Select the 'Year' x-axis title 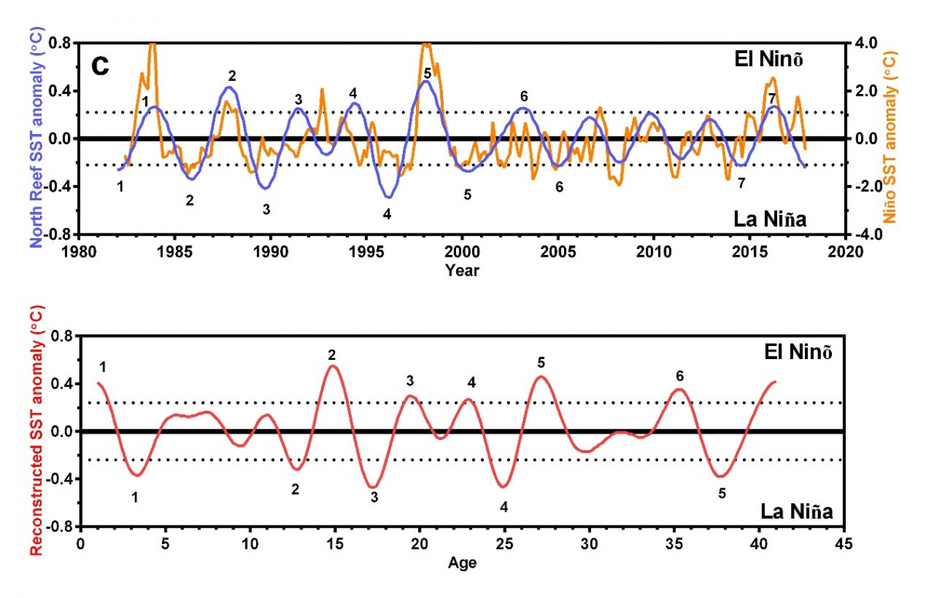coord(461,270)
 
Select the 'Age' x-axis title coord(461,563)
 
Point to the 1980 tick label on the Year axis coord(78,252)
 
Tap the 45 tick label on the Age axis coord(844,544)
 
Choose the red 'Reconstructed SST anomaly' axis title coord(36,432)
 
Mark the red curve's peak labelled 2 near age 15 coord(333,365)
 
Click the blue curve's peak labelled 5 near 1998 coord(424,81)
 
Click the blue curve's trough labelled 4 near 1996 coord(389,197)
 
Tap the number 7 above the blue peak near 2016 coord(772,98)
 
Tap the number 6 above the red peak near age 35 coord(679,376)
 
